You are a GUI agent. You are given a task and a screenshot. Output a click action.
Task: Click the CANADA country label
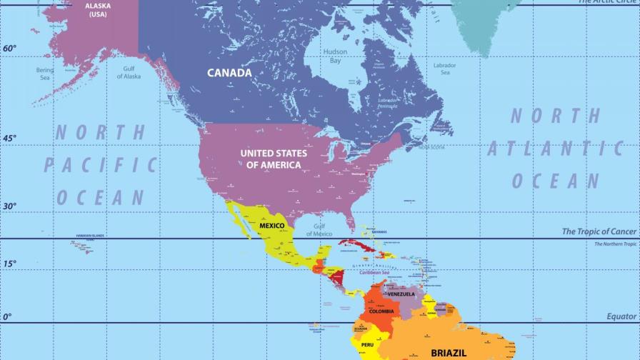tap(229, 73)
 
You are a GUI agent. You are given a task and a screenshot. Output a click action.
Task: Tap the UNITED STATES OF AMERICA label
tap(274, 159)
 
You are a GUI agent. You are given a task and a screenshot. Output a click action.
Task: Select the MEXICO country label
tap(271, 226)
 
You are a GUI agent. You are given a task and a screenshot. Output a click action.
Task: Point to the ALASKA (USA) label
tap(98, 10)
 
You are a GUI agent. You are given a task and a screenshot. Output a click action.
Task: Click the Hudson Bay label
tap(335, 56)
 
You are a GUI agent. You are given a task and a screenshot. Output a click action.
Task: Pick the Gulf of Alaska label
tap(129, 72)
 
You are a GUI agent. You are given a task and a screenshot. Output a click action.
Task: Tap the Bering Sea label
tap(45, 74)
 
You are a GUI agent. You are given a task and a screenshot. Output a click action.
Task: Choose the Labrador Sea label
tap(445, 69)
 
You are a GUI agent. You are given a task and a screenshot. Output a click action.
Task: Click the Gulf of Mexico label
tap(319, 230)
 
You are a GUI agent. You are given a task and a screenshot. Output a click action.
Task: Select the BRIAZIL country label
tap(449, 352)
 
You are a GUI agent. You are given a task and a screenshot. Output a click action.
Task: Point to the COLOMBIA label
tap(381, 311)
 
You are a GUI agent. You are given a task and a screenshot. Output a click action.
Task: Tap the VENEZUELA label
tap(401, 294)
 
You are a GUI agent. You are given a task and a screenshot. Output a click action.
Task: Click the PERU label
tap(367, 345)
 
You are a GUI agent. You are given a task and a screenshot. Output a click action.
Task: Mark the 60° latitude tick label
tap(9, 49)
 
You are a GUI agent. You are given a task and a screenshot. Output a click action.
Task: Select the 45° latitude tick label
tap(9, 139)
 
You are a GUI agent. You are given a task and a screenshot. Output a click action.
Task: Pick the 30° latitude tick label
tap(9, 206)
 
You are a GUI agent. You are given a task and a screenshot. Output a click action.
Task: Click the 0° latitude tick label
tap(7, 316)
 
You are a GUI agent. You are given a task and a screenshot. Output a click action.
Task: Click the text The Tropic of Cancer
tap(599, 231)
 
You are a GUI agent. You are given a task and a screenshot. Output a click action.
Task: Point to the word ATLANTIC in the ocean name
tap(555, 149)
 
